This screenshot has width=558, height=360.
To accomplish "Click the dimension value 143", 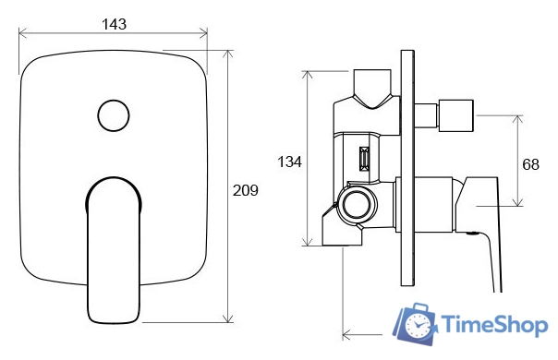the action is tap(114, 24).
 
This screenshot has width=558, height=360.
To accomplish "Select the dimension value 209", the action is tap(245, 190).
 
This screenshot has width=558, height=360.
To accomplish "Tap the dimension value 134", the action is tap(289, 162).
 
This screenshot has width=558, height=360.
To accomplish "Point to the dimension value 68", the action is tap(530, 164).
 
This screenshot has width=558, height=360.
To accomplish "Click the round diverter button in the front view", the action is tap(114, 115).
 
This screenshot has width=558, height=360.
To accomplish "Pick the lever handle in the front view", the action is tap(114, 250).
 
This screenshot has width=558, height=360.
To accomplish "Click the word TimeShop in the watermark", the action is tap(494, 324).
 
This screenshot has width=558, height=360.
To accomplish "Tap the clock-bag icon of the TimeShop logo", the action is tap(415, 324).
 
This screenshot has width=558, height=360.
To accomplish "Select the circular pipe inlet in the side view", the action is tap(357, 205).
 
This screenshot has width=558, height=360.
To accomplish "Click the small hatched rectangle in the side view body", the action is tap(364, 159).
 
